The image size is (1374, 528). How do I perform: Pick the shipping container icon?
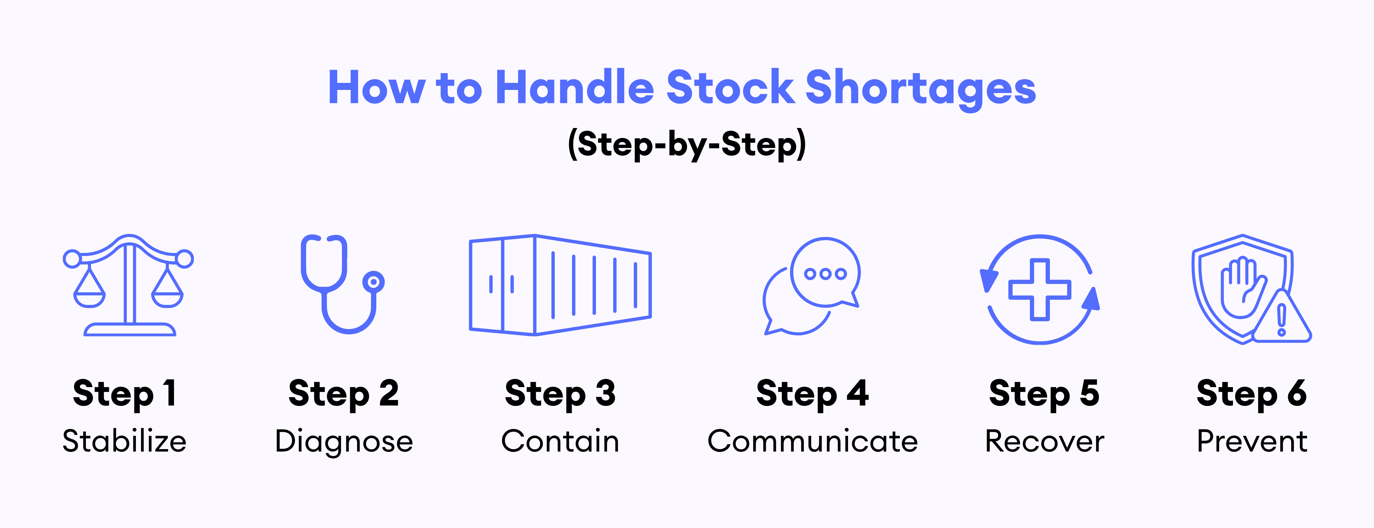click(x=560, y=285)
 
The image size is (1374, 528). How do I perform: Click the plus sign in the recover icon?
click(x=1040, y=289)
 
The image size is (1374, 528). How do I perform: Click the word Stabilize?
click(x=124, y=441)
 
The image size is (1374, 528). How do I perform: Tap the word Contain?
click(x=560, y=441)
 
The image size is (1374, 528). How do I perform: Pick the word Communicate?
click(x=812, y=441)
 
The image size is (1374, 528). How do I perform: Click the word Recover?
click(x=1044, y=441)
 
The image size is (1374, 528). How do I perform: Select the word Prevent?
click(x=1252, y=441)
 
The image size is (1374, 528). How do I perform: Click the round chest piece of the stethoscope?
click(x=373, y=282)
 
